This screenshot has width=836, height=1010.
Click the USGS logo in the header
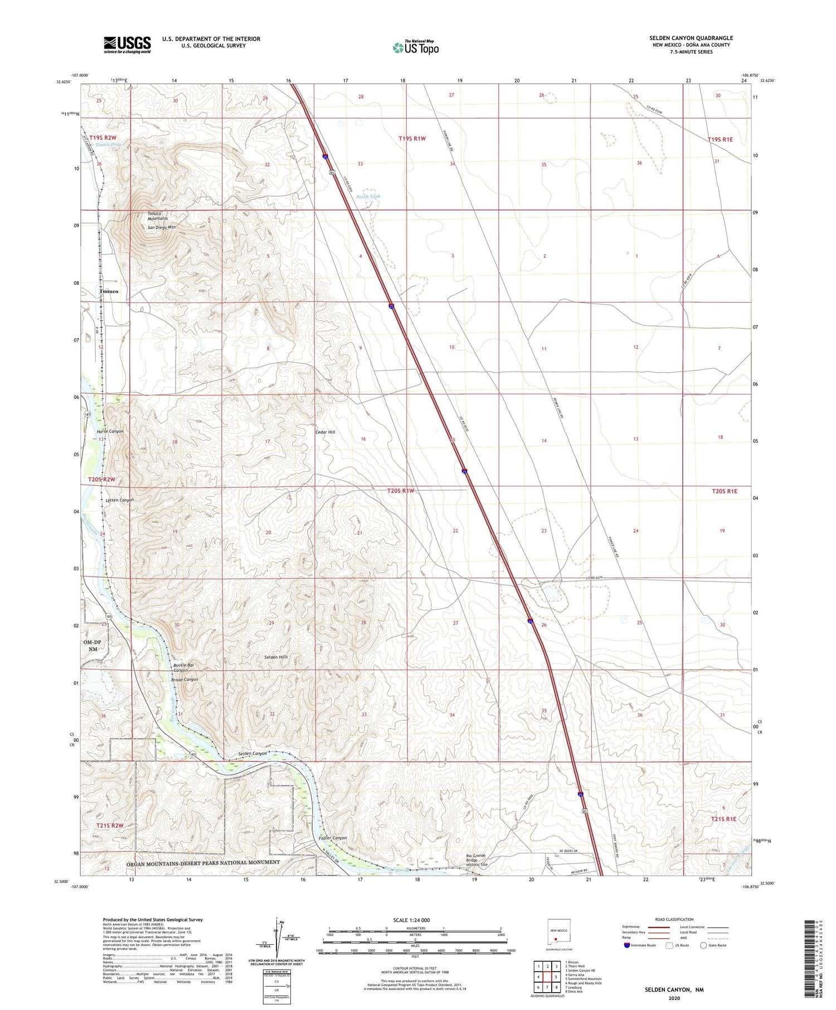pos(127,45)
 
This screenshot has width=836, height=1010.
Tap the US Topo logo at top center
pos(415,47)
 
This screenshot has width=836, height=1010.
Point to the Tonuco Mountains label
pos(158,216)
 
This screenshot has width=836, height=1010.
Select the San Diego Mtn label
pos(162,227)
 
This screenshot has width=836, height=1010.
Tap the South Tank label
pos(369,197)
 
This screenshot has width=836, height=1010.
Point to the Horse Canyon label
pos(110,431)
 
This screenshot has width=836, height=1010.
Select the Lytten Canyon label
pos(119,500)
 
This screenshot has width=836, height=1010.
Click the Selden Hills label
pos(276,657)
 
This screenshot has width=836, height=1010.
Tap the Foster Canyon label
pos(332,838)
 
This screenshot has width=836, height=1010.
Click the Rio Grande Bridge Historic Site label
pos(477,860)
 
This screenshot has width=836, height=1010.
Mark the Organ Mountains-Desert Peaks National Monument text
pos(203,862)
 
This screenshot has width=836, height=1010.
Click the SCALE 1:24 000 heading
pos(411,920)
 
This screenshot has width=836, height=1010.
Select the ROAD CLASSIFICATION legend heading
pos(674,919)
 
